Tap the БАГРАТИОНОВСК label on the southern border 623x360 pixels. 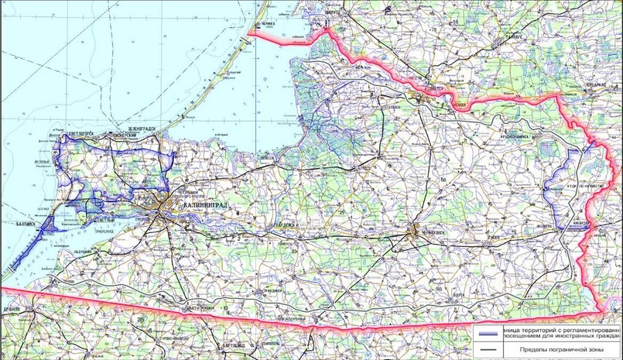coord(202,307)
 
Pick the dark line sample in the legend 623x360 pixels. coord(487,352)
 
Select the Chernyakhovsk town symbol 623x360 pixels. coord(416,230)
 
